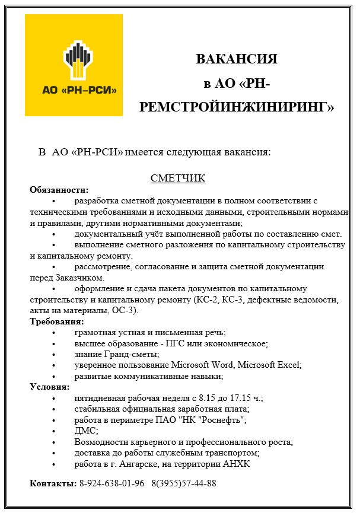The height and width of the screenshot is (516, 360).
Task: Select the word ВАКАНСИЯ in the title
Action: point(237,59)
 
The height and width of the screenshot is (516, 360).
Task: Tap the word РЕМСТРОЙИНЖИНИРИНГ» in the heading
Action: point(237,107)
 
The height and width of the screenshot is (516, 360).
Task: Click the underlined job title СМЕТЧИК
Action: point(177,178)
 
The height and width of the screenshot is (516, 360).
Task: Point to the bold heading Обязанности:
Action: point(59,190)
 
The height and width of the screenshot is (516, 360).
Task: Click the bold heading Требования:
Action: point(57,321)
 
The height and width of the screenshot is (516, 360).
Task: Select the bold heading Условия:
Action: point(50,387)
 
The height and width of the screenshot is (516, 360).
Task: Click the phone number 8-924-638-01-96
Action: point(112,483)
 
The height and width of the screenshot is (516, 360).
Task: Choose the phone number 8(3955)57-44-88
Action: point(184,483)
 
